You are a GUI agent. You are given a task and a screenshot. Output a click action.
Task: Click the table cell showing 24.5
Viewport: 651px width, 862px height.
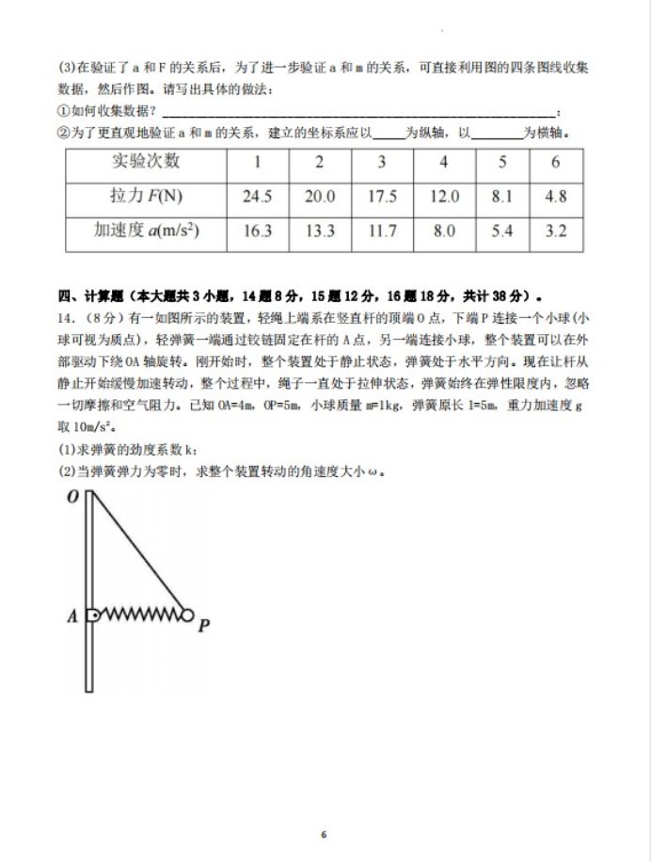pos(257,197)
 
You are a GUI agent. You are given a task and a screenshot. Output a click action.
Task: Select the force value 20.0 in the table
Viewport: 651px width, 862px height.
pos(319,197)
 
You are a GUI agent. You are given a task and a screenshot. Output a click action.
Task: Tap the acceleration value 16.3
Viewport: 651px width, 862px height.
pos(257,231)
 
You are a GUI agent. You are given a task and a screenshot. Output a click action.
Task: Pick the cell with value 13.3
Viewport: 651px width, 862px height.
pos(319,231)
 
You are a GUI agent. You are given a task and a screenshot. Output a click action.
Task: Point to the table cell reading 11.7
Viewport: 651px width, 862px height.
pos(381,231)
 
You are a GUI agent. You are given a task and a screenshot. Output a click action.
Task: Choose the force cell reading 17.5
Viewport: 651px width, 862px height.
pos(381,197)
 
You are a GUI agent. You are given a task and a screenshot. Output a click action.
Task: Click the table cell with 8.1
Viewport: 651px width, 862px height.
pos(501,197)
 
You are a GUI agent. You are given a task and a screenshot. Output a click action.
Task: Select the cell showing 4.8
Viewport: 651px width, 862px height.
pos(555,197)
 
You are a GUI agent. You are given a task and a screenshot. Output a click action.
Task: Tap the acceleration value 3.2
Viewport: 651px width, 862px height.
pos(555,231)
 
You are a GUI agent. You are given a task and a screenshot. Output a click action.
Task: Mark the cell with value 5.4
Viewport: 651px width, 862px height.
pos(501,231)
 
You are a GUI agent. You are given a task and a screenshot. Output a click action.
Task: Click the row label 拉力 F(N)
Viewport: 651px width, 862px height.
pos(146,197)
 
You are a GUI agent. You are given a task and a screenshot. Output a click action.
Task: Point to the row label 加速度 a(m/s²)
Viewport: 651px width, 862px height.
pos(146,231)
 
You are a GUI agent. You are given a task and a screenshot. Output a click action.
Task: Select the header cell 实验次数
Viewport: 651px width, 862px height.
pos(146,162)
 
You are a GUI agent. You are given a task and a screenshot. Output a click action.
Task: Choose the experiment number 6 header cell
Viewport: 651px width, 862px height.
pos(555,162)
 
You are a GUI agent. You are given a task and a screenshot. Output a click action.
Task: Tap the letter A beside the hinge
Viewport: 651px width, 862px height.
pos(71,617)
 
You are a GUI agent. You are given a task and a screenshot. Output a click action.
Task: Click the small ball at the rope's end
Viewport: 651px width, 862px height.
pos(187,615)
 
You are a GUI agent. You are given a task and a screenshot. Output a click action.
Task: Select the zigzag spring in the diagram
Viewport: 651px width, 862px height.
pos(140,615)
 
